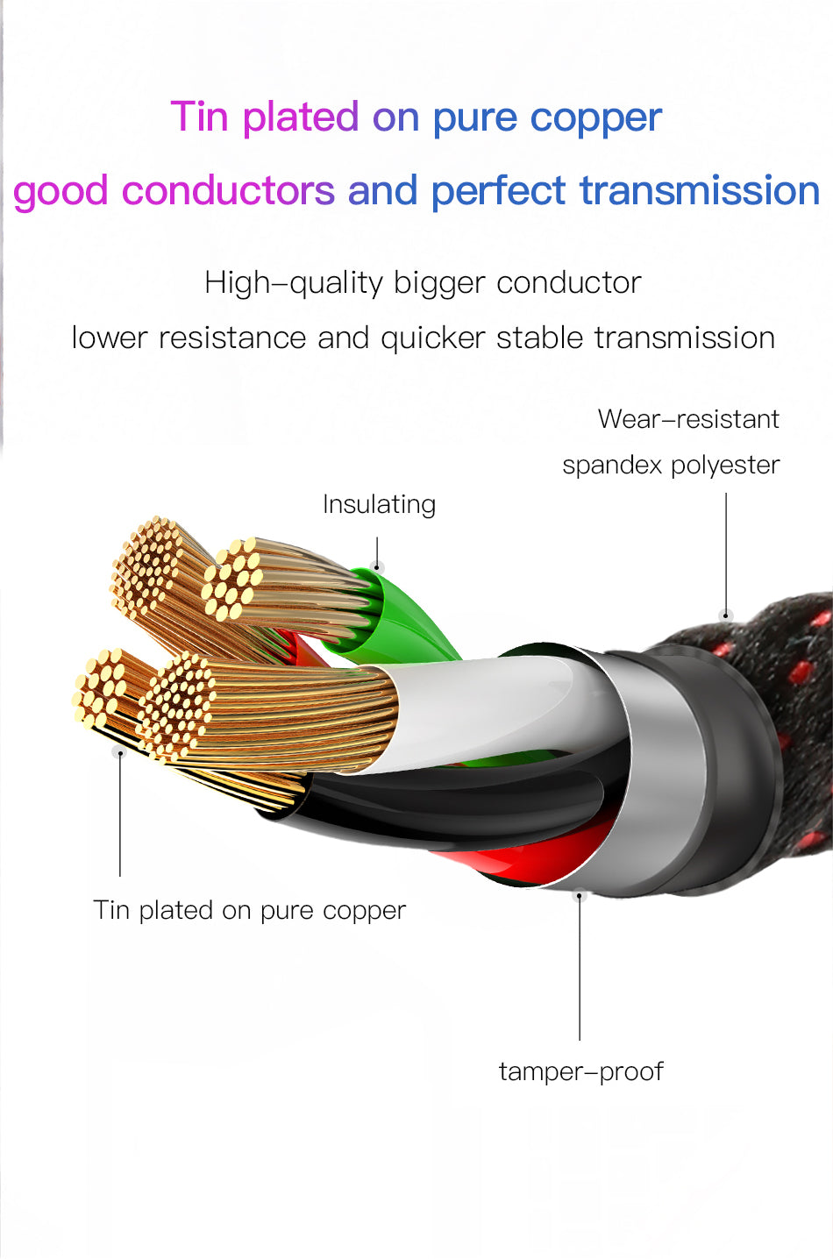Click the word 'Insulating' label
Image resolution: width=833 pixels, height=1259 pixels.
pos(379,505)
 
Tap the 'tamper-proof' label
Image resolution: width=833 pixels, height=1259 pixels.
pos(580,1071)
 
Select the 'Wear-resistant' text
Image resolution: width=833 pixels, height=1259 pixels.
pos(688,419)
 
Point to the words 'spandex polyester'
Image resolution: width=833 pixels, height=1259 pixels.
pos(671,465)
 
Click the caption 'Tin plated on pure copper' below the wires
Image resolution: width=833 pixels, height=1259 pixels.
pos(250,910)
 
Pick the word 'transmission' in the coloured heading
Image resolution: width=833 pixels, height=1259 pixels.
pos(700,190)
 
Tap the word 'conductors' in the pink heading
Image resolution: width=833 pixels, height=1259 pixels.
pos(228,190)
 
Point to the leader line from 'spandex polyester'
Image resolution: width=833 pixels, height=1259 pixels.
pos(726,552)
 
